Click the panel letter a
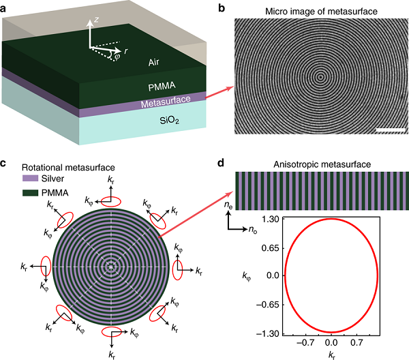coord(5,6)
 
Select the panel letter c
coord(5,163)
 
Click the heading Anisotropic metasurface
coord(318,164)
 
